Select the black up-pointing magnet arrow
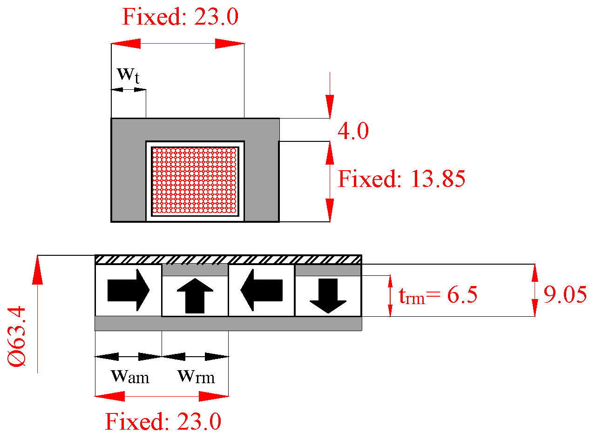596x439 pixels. click(x=195, y=296)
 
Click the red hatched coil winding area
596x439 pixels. click(x=195, y=180)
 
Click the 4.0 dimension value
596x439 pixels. click(x=353, y=132)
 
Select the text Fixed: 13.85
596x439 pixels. click(x=401, y=179)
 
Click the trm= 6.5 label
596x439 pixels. click(x=438, y=295)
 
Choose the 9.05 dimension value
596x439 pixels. click(x=565, y=295)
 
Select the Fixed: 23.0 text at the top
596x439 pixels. click(x=180, y=17)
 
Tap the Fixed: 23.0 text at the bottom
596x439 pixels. click(x=163, y=422)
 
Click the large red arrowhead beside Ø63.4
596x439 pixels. click(x=37, y=272)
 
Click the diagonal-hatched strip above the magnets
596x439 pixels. click(x=228, y=259)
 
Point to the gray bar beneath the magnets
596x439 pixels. click(x=228, y=323)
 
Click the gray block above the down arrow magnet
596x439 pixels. click(x=328, y=270)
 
